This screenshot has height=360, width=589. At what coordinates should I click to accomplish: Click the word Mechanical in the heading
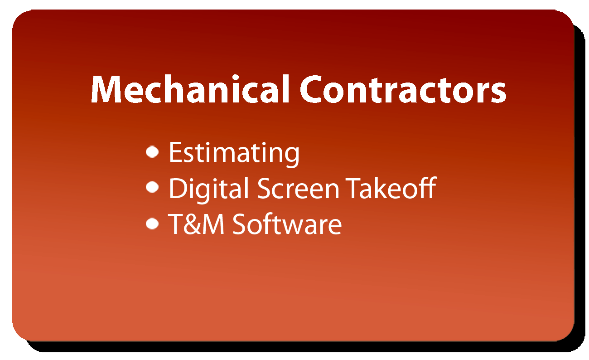(190, 89)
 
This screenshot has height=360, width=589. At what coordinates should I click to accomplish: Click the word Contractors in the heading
(403, 89)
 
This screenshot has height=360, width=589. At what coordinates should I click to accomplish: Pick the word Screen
(298, 189)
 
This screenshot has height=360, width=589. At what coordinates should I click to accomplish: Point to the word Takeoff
(391, 188)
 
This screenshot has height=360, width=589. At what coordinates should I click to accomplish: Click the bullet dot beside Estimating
(152, 152)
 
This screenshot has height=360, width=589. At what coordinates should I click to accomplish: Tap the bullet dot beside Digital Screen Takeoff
(152, 187)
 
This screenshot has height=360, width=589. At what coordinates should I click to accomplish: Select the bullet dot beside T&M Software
(152, 224)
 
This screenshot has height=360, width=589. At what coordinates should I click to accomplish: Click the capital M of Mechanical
(106, 89)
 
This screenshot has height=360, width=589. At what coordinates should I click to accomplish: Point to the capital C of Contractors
(311, 89)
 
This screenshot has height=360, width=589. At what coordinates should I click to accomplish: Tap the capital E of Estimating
(176, 152)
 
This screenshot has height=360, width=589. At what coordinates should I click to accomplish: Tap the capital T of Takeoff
(354, 189)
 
